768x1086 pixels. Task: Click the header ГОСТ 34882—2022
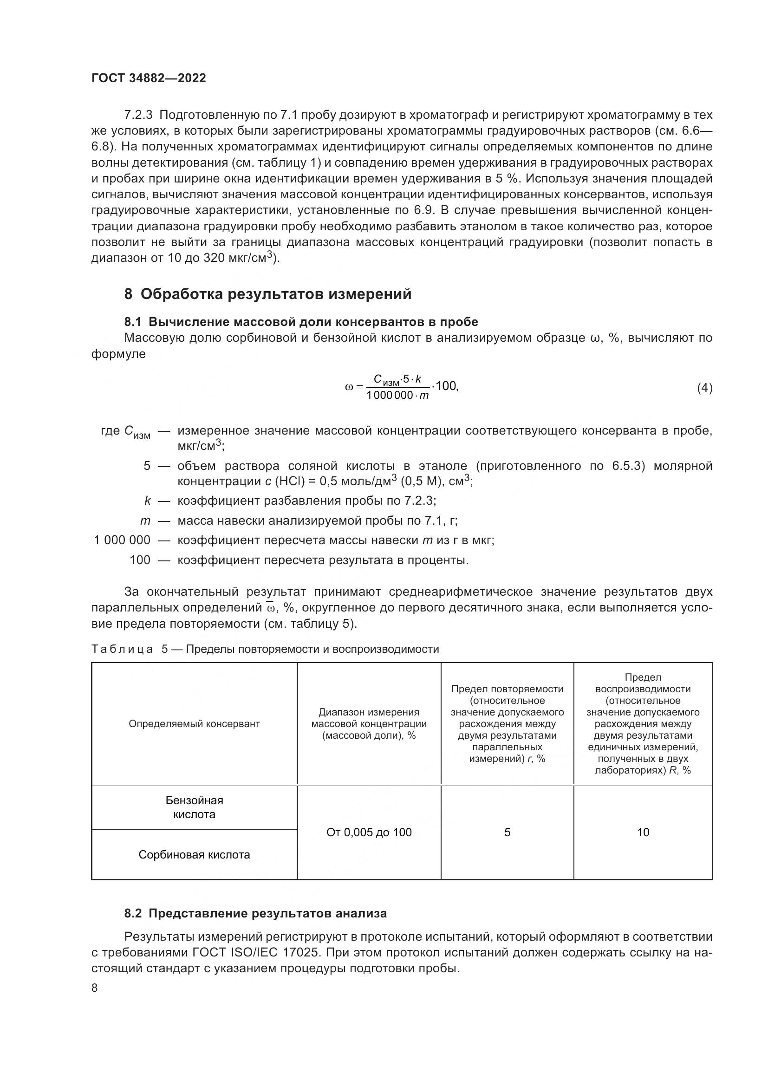click(149, 78)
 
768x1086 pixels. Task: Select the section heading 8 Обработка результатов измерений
click(267, 294)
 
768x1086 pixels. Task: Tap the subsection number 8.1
click(133, 322)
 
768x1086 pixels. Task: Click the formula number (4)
click(704, 388)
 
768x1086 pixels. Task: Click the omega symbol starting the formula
click(349, 387)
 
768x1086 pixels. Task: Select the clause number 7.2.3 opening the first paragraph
click(138, 115)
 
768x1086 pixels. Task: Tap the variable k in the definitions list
click(147, 501)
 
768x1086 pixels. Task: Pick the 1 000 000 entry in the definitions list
click(122, 540)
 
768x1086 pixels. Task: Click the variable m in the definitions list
click(145, 521)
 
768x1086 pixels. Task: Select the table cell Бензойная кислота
click(194, 807)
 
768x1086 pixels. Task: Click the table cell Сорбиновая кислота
click(194, 855)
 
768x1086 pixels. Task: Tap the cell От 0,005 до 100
click(369, 832)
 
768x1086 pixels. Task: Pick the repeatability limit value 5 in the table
click(507, 832)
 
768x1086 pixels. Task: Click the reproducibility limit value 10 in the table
click(643, 832)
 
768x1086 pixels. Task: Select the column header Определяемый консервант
click(194, 724)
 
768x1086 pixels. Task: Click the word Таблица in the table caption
click(122, 650)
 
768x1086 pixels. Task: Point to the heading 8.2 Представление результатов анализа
click(255, 913)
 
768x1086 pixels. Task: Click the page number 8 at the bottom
click(95, 988)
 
